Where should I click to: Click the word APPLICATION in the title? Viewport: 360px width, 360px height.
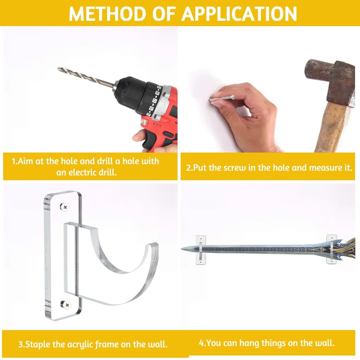239,13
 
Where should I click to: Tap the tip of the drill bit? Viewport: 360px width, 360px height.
58,68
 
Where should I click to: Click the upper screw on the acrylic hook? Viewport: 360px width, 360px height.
65,207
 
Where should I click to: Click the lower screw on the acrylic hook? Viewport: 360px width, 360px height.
66,305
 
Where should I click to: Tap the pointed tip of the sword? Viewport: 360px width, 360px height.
182,249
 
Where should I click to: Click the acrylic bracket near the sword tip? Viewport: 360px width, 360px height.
201,250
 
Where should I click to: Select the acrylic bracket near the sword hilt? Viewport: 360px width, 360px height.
332,249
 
